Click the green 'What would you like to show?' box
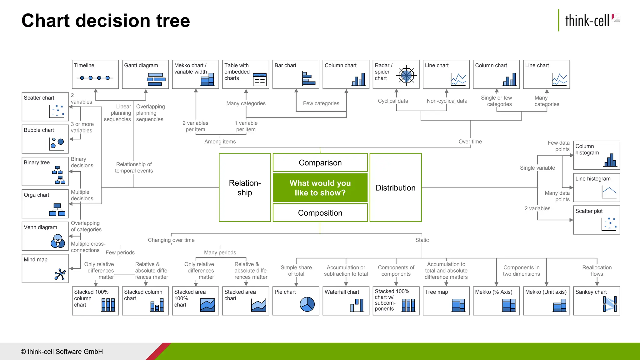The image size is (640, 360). coord(320,187)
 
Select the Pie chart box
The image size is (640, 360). coord(296,301)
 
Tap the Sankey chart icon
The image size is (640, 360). coord(610,304)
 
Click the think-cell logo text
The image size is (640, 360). coord(587,21)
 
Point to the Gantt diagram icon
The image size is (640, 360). coord(156,79)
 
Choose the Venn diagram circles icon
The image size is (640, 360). coord(58,241)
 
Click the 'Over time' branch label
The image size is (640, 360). coord(470,142)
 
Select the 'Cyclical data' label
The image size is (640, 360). coord(393,101)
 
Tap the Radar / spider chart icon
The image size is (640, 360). coord(406,76)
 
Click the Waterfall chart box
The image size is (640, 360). coord(346,301)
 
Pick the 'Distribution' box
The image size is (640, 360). coord(395,187)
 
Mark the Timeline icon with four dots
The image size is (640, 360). coord(95,78)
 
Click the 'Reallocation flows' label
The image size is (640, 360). coord(597,271)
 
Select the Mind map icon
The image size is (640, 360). coord(60,274)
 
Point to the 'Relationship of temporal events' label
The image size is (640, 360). coord(134,167)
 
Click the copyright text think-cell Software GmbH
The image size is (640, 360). coord(62,352)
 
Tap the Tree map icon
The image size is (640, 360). coord(458,305)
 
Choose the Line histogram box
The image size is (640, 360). coord(596,187)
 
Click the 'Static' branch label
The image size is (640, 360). coord(422,240)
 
